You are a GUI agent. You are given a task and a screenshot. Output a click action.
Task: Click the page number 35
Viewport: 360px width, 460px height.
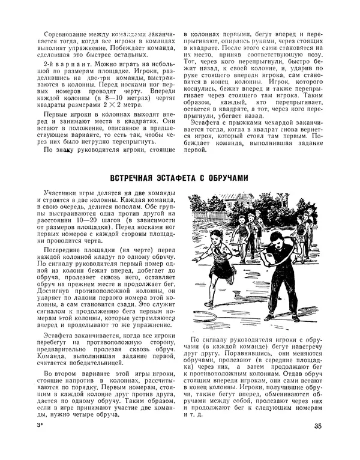[x=319, y=428]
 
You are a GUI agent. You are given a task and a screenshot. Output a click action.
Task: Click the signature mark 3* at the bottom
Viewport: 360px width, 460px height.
[x=40, y=427]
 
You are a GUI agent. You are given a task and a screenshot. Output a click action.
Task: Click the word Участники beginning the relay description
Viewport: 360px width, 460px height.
[x=62, y=190]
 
